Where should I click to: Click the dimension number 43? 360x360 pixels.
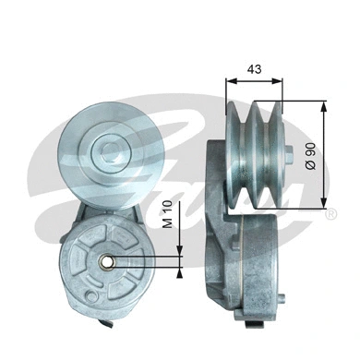click(254, 69)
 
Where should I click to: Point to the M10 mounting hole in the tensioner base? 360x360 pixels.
click(108, 260)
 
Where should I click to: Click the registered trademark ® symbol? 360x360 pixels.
click(330, 213)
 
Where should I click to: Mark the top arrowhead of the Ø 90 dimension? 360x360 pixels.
click(323, 104)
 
